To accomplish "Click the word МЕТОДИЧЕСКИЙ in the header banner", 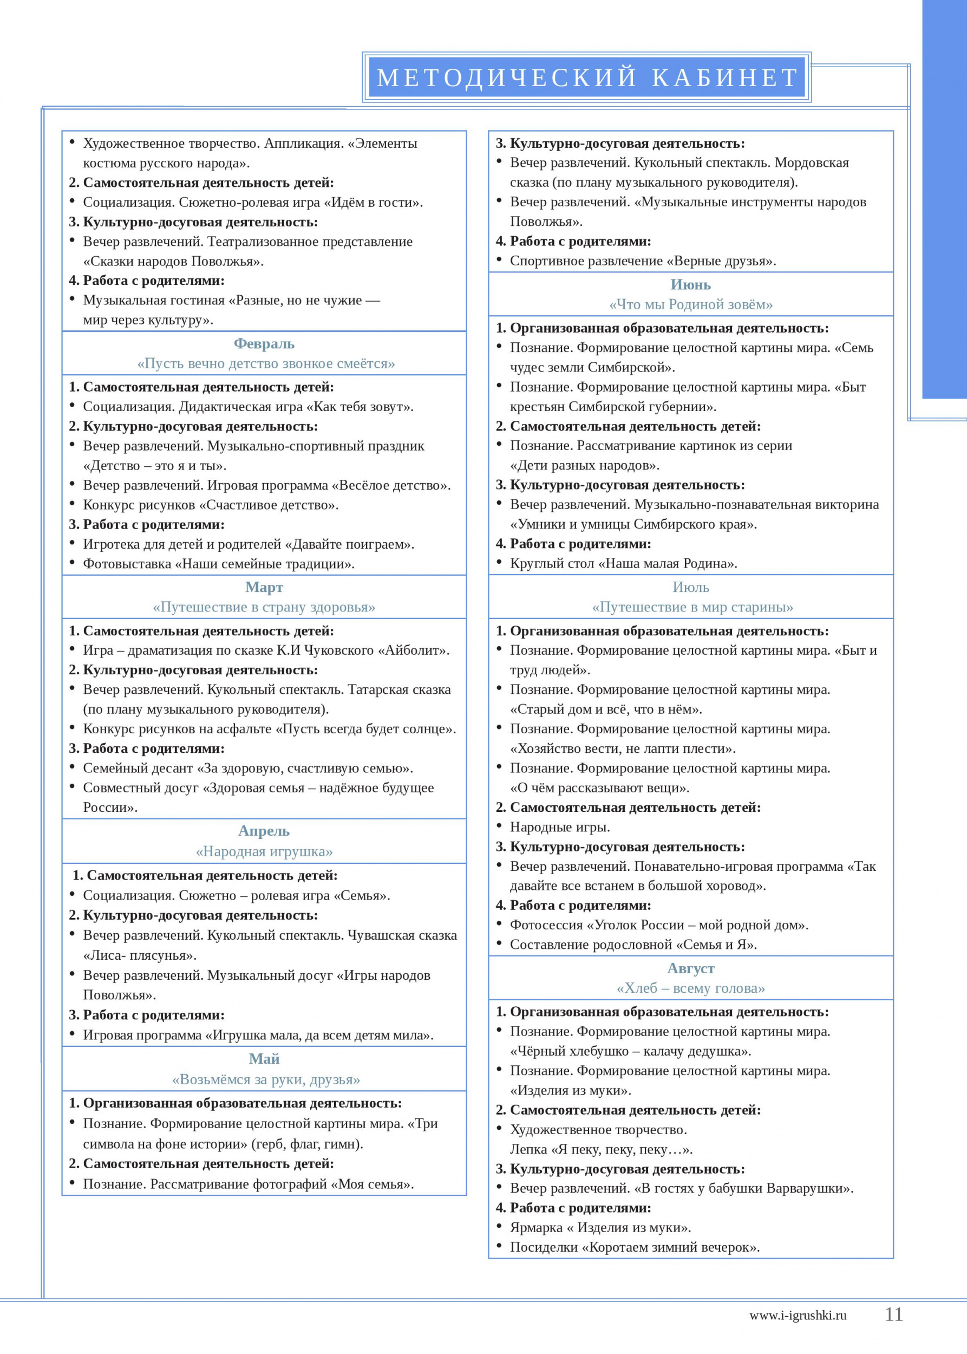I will coord(507,78).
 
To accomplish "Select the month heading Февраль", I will coord(264,344).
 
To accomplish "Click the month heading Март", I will coord(264,587).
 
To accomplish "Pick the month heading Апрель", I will coord(264,831).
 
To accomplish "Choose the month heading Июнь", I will coord(691,285).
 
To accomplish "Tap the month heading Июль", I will coord(691,587).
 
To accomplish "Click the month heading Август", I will coord(691,968).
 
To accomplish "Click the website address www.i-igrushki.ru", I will coord(798,1316).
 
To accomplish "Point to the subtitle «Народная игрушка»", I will coord(264,851).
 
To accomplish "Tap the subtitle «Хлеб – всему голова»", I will coord(691,988).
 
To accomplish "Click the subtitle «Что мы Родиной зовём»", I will coord(691,304).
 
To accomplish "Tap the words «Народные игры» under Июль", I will coord(560,828).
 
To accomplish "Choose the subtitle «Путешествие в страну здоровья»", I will coord(264,607).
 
